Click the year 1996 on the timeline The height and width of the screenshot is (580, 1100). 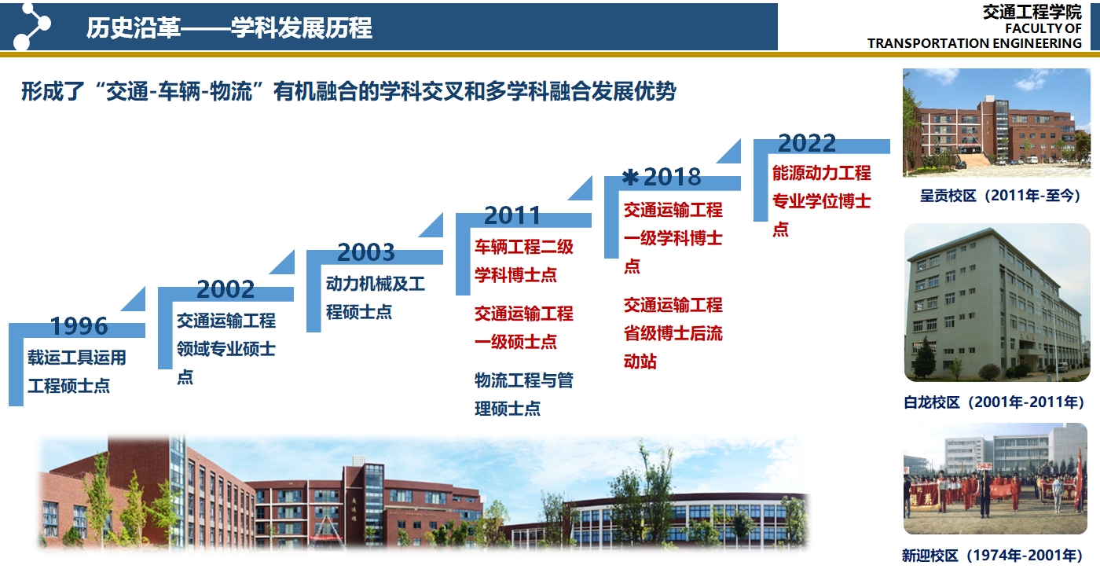coord(79,325)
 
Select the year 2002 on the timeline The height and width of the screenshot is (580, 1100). coord(225,288)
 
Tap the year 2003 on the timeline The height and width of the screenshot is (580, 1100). coord(366,252)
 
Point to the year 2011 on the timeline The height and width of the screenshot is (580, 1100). coord(512,215)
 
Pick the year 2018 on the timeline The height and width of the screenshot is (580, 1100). coord(673,177)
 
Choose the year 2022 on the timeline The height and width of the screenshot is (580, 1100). coord(807,143)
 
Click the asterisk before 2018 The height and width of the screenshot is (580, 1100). coord(630,178)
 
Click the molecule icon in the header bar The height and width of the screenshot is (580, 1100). coord(31,27)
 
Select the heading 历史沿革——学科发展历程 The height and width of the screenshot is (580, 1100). coord(229,28)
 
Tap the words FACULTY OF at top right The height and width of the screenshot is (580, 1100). coord(1043,28)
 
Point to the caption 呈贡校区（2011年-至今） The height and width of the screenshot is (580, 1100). coord(1000,196)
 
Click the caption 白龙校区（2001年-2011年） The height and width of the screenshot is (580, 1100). coord(994,402)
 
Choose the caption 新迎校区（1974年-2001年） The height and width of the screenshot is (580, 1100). coord(992,556)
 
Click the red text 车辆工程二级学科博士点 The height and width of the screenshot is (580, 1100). coord(523,261)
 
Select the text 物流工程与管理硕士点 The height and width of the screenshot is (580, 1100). coord(523,395)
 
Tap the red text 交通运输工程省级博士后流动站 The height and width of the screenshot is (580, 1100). coord(673,333)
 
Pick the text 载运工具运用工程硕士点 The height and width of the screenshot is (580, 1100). coord(77,371)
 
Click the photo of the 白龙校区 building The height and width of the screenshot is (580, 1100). coord(997,302)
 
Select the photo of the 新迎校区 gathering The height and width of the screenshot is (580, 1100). coord(995,479)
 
